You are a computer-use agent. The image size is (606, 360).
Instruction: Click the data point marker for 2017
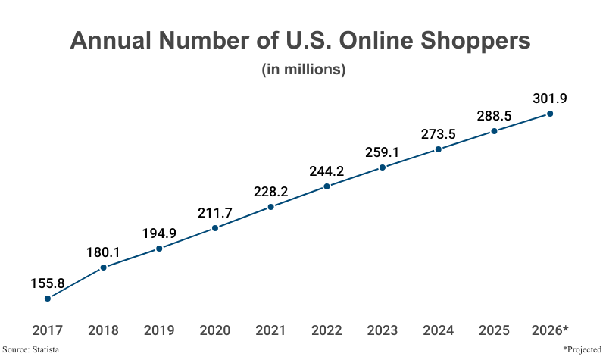[x=48, y=299]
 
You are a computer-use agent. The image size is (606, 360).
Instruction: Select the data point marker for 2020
[x=215, y=228]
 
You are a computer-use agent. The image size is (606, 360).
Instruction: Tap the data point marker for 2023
[x=383, y=167]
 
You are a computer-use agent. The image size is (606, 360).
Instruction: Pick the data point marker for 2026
[x=550, y=114]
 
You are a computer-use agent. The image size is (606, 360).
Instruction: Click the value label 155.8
[x=48, y=283]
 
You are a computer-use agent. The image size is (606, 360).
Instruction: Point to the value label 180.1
[x=104, y=252]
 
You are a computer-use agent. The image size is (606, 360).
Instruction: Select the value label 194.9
[x=159, y=233]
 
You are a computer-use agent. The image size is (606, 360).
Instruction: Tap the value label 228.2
[x=271, y=191]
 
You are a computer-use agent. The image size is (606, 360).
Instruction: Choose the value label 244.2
[x=326, y=171]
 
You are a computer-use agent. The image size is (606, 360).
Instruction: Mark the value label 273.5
[x=439, y=134]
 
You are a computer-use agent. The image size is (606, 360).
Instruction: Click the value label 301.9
[x=550, y=99]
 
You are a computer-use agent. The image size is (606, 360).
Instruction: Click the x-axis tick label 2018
[x=104, y=330]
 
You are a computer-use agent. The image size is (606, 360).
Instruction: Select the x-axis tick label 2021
[x=271, y=330]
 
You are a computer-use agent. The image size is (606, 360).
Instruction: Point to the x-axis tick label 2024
[x=439, y=330]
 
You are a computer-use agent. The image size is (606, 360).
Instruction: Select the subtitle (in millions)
[x=304, y=70]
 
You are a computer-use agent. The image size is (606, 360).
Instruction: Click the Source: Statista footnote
[x=31, y=349]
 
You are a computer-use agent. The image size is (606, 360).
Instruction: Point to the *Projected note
[x=582, y=349]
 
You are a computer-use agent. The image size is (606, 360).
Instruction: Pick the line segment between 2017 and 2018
[x=76, y=283]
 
